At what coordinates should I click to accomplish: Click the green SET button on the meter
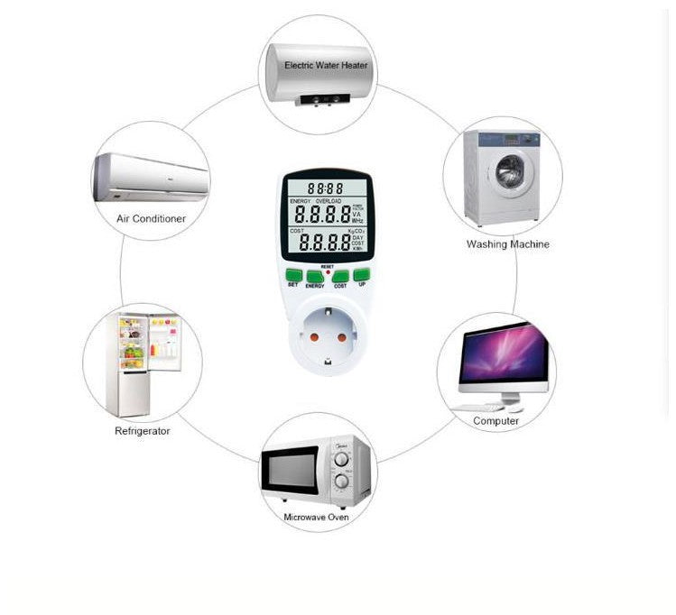click(293, 274)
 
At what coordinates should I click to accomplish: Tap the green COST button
click(340, 276)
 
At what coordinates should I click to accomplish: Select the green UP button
click(361, 274)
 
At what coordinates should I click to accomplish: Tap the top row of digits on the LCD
click(325, 188)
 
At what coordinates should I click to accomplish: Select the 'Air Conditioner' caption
click(152, 219)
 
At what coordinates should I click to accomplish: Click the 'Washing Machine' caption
click(507, 244)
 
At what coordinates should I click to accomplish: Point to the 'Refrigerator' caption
click(142, 431)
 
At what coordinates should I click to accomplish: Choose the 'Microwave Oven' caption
click(316, 518)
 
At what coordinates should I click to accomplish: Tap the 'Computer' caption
click(496, 421)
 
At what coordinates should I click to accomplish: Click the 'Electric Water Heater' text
click(326, 66)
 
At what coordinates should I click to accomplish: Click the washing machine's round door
click(510, 171)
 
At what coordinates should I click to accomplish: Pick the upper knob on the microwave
click(341, 459)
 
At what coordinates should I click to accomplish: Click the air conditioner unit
click(151, 178)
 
